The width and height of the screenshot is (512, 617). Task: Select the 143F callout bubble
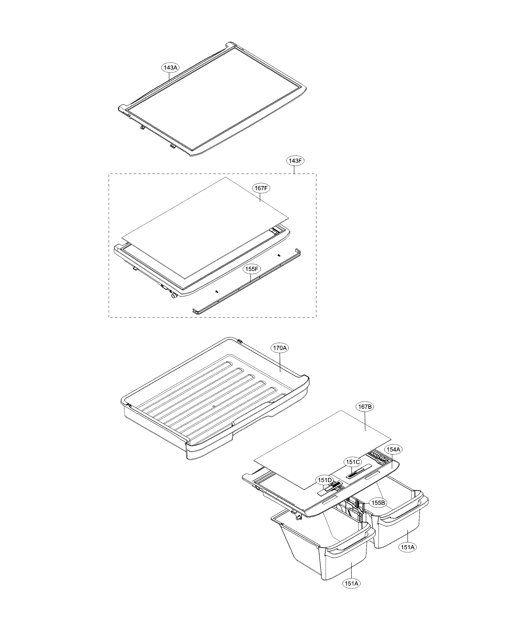295,161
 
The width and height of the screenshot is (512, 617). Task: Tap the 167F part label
261,188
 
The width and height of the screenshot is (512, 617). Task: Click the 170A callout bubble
280,348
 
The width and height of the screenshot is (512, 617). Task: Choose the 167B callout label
365,407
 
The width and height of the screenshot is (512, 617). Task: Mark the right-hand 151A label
408,547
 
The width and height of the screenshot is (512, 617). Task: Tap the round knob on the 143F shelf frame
173,297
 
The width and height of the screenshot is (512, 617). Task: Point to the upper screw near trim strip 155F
278,256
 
